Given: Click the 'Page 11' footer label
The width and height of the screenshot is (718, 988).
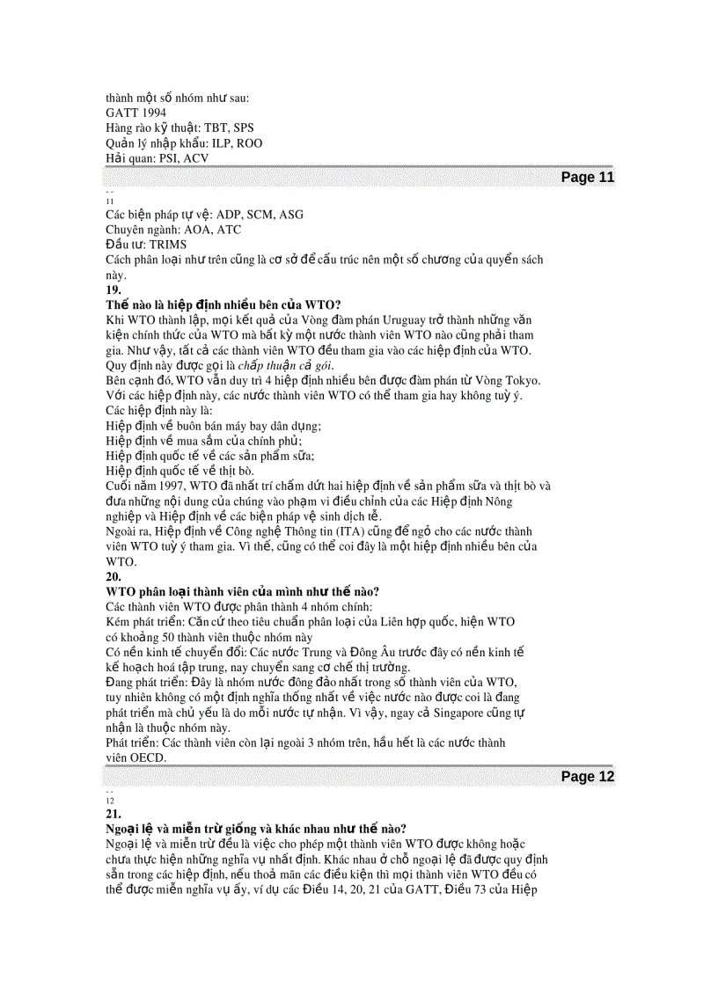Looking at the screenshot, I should [587, 177].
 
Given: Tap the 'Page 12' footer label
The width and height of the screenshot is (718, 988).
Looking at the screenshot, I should [587, 777].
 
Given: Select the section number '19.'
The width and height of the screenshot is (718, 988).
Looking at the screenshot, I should [114, 289].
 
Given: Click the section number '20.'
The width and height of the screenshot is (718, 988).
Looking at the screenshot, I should [114, 577].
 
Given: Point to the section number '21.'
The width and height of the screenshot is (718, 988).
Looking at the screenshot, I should [114, 814].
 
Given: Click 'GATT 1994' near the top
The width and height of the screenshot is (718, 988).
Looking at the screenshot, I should [135, 113].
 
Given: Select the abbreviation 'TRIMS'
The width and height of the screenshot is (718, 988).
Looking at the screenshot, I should [168, 245].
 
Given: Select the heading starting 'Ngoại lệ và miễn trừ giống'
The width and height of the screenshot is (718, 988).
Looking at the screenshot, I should [256, 829].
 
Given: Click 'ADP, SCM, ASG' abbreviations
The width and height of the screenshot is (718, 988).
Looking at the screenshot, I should [260, 215].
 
